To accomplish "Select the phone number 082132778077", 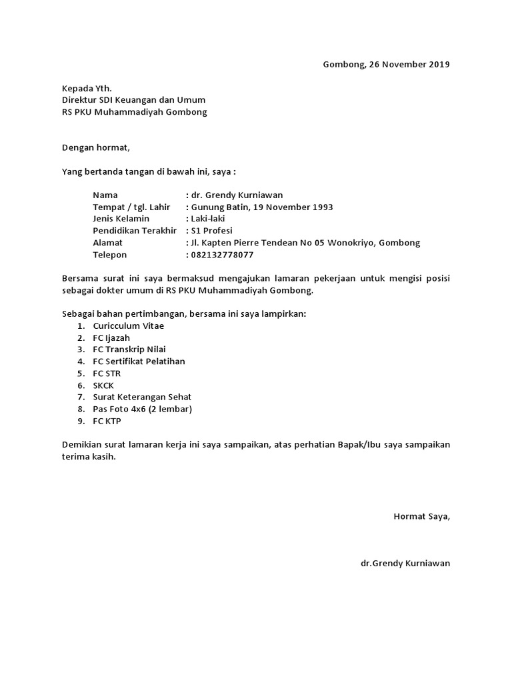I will pyautogui.click(x=223, y=255).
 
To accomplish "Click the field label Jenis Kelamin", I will pyautogui.click(x=121, y=219).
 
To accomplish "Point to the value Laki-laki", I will pyautogui.click(x=210, y=219).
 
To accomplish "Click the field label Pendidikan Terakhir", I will pyautogui.click(x=135, y=231).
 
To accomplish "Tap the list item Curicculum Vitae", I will pyautogui.click(x=128, y=325).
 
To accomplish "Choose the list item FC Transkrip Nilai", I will pyautogui.click(x=129, y=350).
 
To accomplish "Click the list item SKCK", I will pyautogui.click(x=104, y=386).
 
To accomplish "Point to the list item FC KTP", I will pyautogui.click(x=107, y=422).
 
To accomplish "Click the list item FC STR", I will pyautogui.click(x=107, y=374).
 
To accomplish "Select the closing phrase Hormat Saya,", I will pyautogui.click(x=421, y=516).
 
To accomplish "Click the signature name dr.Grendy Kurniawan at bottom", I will pyautogui.click(x=405, y=564).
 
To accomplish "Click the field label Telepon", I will pyautogui.click(x=109, y=255).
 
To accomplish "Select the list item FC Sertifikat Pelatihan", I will pyautogui.click(x=139, y=362).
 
